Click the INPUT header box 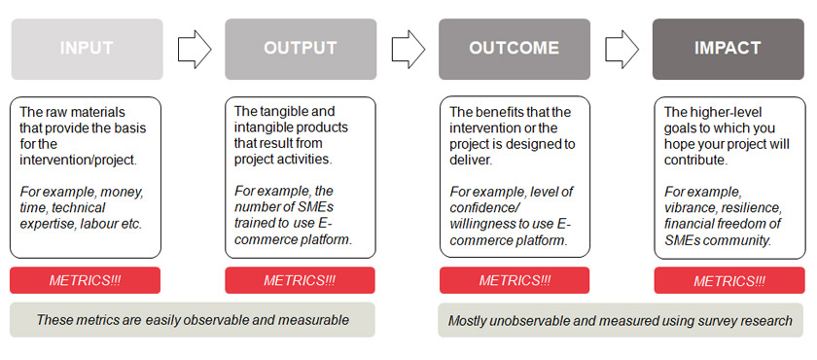[86, 49]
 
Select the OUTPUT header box [300, 49]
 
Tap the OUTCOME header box [514, 49]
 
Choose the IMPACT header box [728, 49]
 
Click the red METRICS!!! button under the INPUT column [86, 280]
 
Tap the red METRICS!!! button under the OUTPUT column [300, 280]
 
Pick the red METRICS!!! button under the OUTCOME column [514, 280]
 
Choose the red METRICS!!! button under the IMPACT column [728, 280]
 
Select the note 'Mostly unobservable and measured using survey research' [621, 320]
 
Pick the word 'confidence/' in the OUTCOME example [486, 208]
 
